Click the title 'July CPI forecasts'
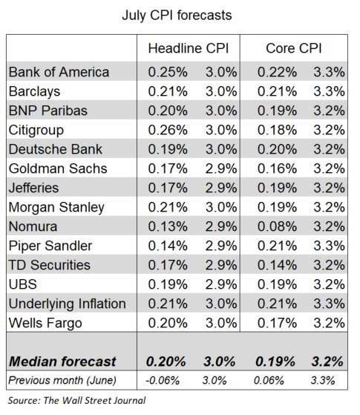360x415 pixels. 177,16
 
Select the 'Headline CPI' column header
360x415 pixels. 189,48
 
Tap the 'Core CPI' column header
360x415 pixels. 293,48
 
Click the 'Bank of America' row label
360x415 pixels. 59,72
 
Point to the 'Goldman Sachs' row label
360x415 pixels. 58,169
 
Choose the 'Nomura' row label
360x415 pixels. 33,226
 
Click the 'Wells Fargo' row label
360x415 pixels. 45,323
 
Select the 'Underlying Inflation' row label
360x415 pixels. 68,304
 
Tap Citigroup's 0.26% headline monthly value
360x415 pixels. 168,130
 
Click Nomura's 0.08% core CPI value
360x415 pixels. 277,226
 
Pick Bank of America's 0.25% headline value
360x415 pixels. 168,72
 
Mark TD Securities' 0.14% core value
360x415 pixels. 277,265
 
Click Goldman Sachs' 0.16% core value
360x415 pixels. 277,169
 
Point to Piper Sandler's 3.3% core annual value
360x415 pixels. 330,246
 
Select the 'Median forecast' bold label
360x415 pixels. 62,362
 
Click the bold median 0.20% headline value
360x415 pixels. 166,362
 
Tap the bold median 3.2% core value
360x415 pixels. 327,362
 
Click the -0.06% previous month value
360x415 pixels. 163,381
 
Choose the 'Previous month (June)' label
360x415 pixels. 62,381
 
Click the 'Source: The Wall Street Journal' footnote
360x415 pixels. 76,400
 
